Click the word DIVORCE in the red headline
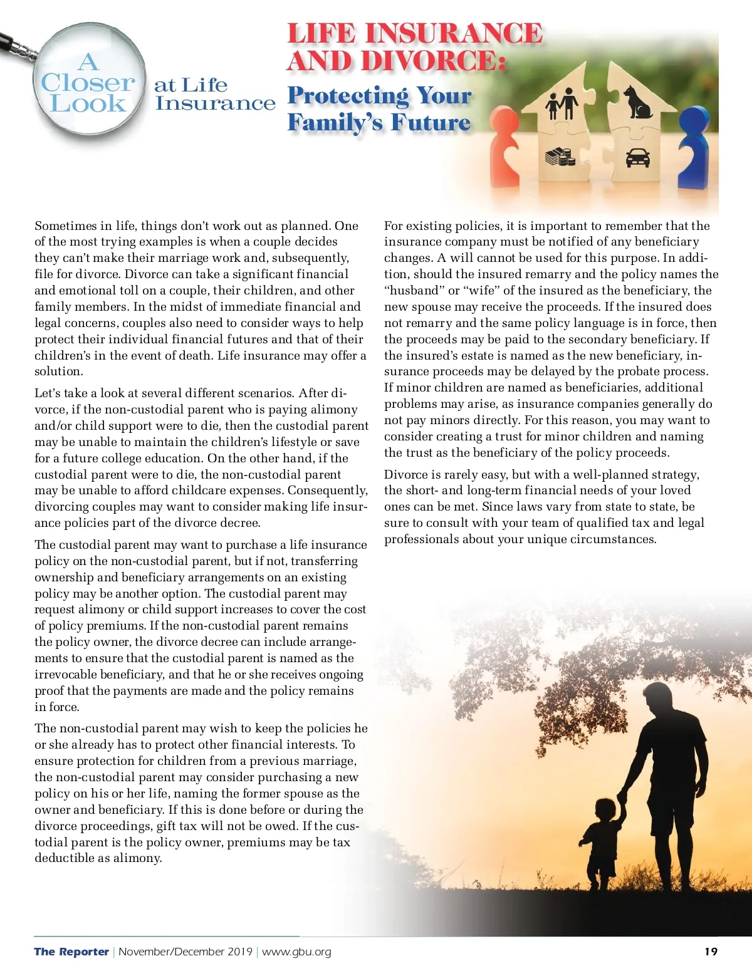pos(432,61)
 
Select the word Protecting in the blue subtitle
pos(348,96)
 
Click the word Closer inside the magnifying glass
pos(88,83)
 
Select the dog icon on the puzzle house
pos(637,102)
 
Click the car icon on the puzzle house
pos(637,157)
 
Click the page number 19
pos(711,952)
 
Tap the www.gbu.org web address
pos(296,952)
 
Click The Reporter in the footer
pos(71,952)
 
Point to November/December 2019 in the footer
pos(185,952)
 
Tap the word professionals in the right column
pos(422,539)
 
